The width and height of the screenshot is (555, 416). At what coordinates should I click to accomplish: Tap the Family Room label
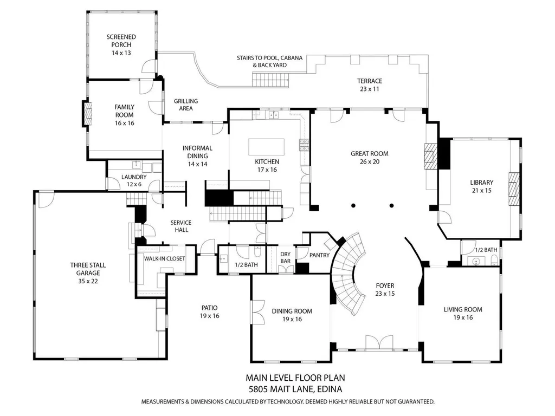point(124,115)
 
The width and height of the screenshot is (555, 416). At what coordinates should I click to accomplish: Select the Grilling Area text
point(186,105)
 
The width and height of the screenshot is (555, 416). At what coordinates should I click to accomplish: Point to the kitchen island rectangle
point(267,147)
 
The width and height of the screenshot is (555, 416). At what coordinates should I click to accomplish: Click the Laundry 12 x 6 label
point(134,180)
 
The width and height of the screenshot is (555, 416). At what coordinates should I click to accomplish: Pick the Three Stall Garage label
point(87,273)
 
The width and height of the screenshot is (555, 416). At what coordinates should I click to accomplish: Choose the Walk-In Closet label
point(164,258)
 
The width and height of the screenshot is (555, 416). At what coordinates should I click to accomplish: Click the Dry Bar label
point(285,257)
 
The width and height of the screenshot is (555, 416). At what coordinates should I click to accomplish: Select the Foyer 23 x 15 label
point(385,289)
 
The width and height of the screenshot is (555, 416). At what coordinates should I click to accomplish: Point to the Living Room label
point(462,314)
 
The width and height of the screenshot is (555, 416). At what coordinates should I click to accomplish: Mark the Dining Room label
point(292,315)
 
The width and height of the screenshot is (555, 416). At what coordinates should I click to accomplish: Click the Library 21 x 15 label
point(481,186)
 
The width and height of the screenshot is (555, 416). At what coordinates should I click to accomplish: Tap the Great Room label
point(369,157)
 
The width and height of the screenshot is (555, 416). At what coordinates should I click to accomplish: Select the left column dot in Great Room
point(353,205)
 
